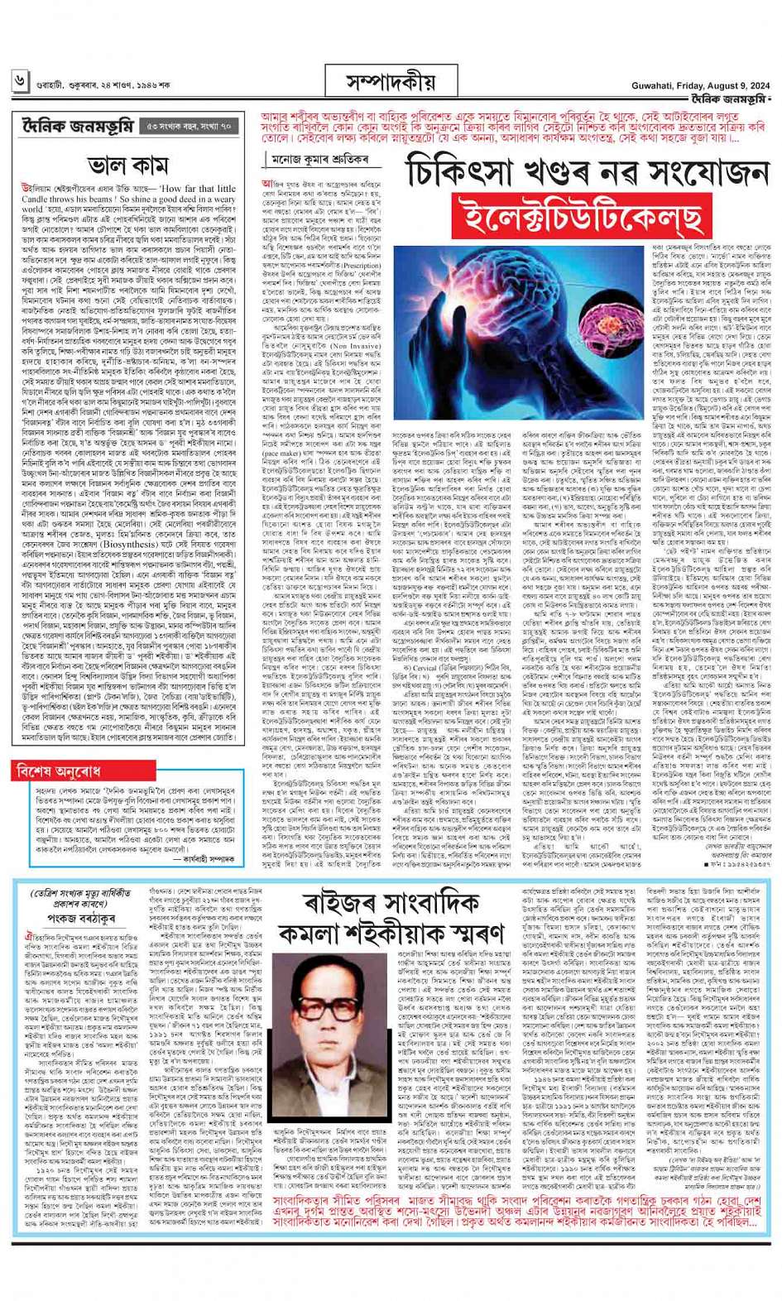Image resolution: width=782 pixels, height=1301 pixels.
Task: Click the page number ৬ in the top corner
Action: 19,80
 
